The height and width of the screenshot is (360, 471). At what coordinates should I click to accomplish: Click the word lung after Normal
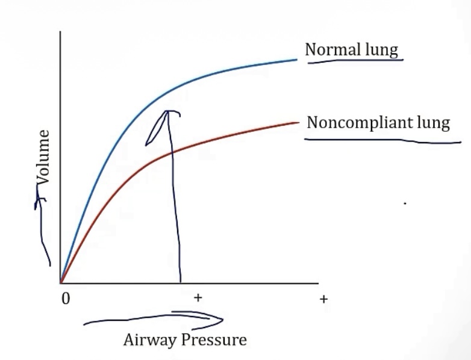click(382, 49)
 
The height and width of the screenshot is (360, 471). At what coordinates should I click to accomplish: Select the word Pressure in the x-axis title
click(214, 340)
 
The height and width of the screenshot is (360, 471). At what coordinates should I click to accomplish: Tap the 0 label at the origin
click(66, 299)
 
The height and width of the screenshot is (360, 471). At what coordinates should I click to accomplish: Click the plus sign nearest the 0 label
click(197, 297)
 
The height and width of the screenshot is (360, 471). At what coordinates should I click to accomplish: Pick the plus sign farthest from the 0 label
click(323, 299)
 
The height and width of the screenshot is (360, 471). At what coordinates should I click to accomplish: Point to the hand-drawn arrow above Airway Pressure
click(157, 318)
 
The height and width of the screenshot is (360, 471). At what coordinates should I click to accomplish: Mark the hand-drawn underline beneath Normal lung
click(355, 60)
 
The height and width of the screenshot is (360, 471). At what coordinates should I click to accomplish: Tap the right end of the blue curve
click(296, 59)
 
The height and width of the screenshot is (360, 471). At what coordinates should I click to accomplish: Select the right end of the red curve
click(298, 122)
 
